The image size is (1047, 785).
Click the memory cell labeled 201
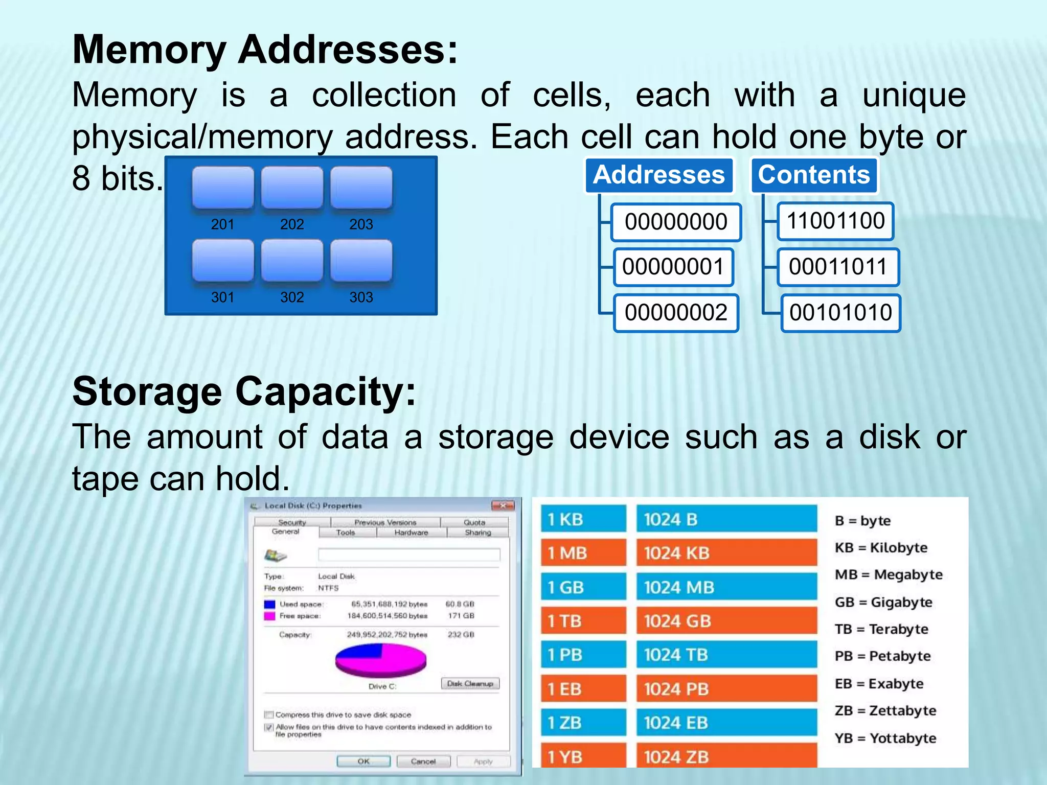(x=223, y=188)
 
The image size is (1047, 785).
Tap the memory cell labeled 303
(x=361, y=261)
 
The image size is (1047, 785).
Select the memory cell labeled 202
(x=292, y=188)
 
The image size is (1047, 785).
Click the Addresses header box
(x=659, y=175)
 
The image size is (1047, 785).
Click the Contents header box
(x=814, y=175)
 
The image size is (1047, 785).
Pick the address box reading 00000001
(x=673, y=267)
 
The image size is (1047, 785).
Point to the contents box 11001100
(x=835, y=221)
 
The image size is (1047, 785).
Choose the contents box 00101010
(x=840, y=312)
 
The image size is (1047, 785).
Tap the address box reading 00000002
(x=676, y=312)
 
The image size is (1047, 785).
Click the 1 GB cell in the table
(x=583, y=587)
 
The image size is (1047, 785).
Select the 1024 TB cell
(x=726, y=655)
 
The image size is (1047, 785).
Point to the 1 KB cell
(x=583, y=519)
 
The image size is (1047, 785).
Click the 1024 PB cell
(x=726, y=689)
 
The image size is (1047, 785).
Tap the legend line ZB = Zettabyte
(x=885, y=710)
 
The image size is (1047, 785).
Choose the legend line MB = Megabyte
(x=889, y=574)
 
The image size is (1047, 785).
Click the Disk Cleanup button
(x=470, y=683)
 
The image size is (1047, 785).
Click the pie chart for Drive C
(x=381, y=660)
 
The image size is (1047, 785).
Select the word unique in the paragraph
(x=914, y=96)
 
